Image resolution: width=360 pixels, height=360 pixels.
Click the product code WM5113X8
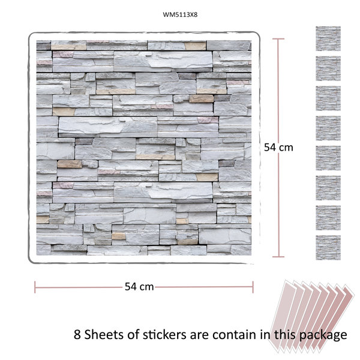(180, 14)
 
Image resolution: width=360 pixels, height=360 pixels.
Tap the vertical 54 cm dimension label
(278, 148)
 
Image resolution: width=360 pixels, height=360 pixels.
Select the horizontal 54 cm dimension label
(139, 287)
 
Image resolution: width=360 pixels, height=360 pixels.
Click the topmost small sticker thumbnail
(328, 38)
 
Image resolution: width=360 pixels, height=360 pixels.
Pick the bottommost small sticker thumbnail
(328, 247)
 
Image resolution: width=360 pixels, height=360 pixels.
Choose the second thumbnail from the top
(328, 68)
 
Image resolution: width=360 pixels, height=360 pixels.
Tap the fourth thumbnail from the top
(328, 128)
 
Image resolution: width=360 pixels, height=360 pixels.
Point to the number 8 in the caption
(77, 335)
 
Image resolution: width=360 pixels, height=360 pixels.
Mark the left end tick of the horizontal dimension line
(35, 287)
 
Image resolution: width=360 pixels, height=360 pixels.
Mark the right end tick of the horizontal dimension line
(253, 287)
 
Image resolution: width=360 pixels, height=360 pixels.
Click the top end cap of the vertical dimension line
(278, 39)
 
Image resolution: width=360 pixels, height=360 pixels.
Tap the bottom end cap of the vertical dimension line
(278, 257)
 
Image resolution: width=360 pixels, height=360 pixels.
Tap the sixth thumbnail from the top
(328, 188)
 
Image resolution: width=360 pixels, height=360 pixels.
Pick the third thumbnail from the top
(328, 98)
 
